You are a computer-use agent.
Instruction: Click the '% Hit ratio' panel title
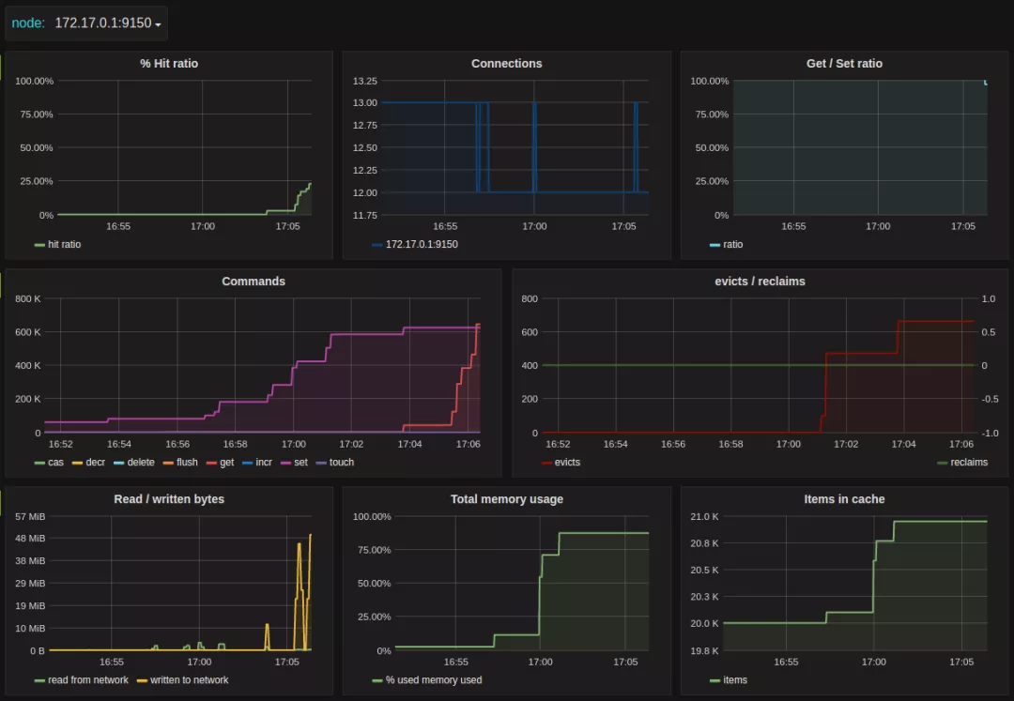pyautogui.click(x=169, y=64)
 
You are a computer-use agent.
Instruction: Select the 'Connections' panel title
pyautogui.click(x=507, y=64)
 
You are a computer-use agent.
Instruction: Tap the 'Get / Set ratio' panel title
pyautogui.click(x=844, y=64)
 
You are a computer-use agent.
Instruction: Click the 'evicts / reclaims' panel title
pyautogui.click(x=760, y=282)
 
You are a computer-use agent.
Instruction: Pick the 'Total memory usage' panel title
pyautogui.click(x=507, y=499)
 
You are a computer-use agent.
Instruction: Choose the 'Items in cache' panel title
pyautogui.click(x=844, y=499)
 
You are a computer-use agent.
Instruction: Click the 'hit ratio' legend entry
pyautogui.click(x=64, y=245)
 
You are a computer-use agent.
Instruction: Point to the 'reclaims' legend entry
pyautogui.click(x=968, y=463)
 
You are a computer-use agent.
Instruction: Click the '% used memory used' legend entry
pyautogui.click(x=433, y=680)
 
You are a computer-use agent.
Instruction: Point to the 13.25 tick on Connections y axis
pyautogui.click(x=365, y=81)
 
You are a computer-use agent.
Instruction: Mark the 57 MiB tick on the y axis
pyautogui.click(x=30, y=516)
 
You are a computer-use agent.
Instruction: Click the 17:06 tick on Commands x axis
pyautogui.click(x=467, y=444)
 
